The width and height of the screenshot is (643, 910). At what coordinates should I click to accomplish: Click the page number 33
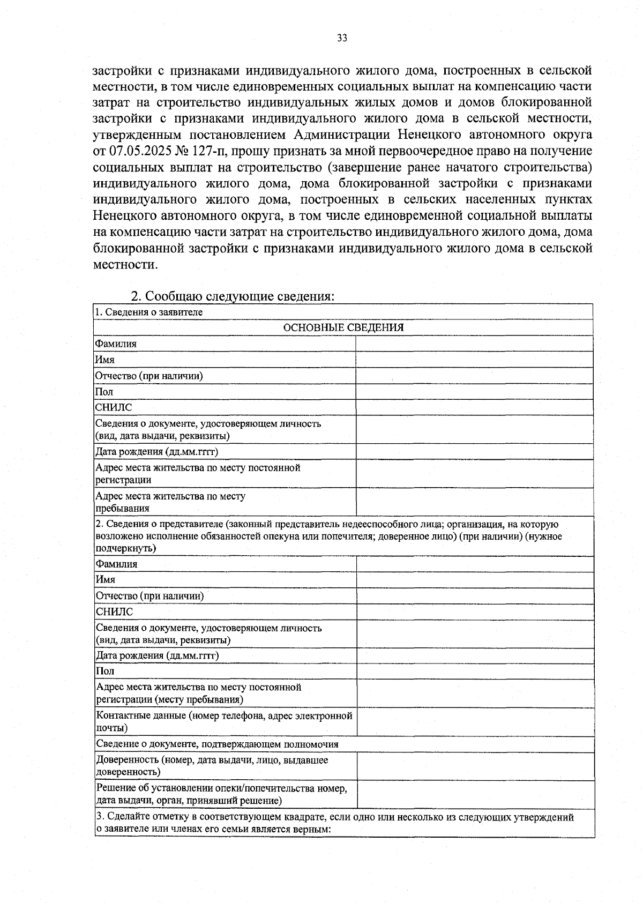(342, 38)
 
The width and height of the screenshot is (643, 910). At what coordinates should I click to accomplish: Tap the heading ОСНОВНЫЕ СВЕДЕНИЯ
(343, 327)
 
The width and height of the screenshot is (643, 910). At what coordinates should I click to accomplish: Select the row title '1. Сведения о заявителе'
(149, 312)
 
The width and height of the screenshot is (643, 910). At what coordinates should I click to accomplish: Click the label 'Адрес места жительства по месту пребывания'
(170, 502)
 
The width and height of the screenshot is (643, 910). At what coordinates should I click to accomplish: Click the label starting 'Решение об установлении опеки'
(221, 794)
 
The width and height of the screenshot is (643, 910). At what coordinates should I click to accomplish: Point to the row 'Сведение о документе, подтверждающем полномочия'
(217, 744)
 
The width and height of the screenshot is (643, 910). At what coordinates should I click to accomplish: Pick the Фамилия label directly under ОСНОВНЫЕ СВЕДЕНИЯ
(116, 344)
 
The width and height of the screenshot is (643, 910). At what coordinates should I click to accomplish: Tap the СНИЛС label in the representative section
(114, 612)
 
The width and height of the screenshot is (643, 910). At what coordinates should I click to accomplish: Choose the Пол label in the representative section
(105, 671)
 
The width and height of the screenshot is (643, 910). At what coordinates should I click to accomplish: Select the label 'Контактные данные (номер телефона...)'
(224, 721)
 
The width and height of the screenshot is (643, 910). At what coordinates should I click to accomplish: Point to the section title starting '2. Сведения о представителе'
(327, 536)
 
